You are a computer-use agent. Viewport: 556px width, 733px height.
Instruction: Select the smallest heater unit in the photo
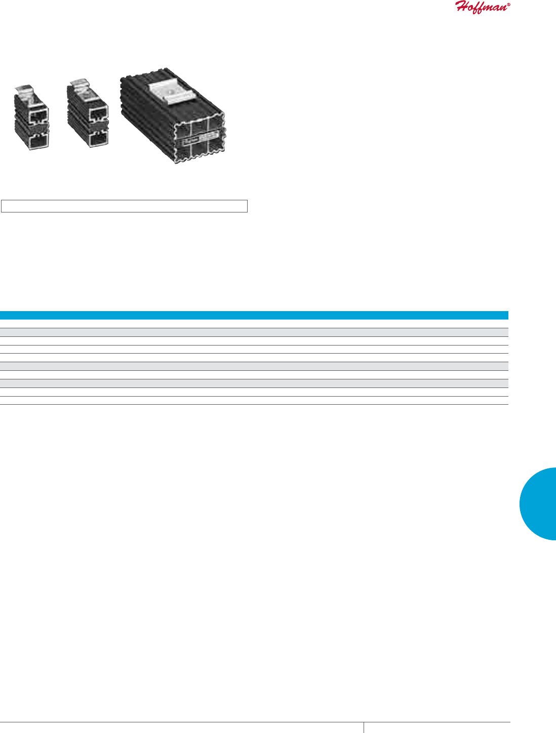point(32,118)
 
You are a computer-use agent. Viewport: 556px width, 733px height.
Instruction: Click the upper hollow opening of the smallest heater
point(38,117)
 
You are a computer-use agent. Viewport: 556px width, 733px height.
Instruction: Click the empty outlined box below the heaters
point(124,206)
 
